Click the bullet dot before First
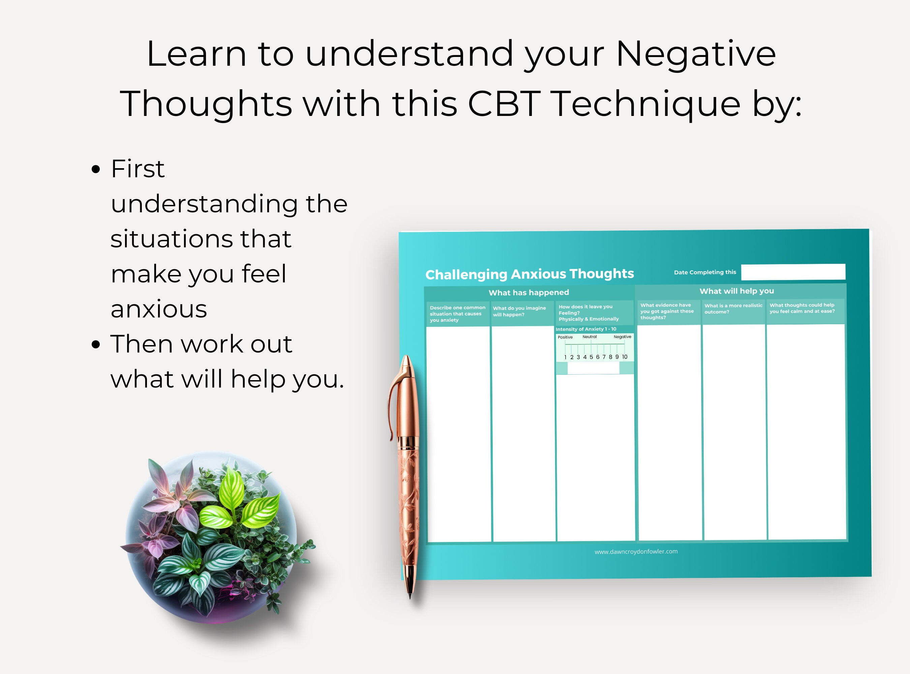point(96,169)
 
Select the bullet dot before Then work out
point(96,344)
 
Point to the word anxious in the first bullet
point(159,309)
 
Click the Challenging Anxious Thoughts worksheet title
point(529,274)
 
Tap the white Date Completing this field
point(793,272)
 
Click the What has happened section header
point(528,293)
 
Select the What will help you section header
point(736,291)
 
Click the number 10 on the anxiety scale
point(624,357)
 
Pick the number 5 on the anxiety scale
point(591,357)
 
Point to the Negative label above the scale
point(622,337)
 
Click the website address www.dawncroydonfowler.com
point(636,552)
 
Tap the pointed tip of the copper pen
point(410,596)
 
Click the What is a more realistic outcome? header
point(733,309)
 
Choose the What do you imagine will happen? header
point(519,311)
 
